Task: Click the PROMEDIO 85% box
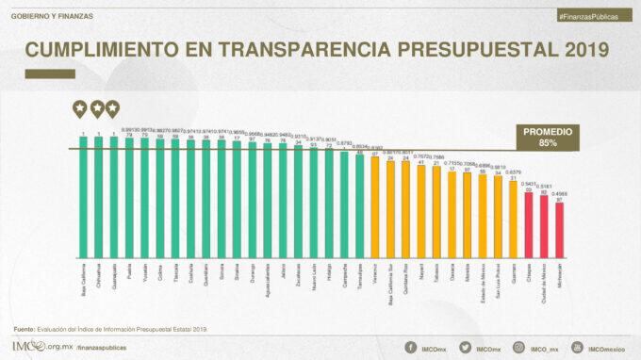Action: [547, 137]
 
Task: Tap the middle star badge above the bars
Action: [97, 108]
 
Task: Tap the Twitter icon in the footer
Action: [465, 348]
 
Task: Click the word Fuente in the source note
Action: [25, 328]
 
